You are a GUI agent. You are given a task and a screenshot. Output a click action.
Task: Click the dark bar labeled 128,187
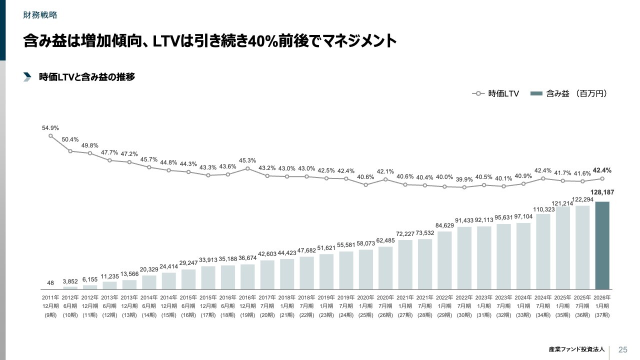pyautogui.click(x=602, y=245)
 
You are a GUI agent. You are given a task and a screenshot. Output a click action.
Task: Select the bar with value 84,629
pyautogui.click(x=444, y=260)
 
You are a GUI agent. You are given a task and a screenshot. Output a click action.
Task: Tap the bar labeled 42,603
pyautogui.click(x=267, y=274)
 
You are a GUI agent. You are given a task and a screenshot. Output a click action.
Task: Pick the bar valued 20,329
pyautogui.click(x=149, y=282)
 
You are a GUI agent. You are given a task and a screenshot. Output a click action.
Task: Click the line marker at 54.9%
pyautogui.click(x=50, y=135)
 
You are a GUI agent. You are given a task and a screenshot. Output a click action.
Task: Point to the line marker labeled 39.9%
pyautogui.click(x=464, y=187)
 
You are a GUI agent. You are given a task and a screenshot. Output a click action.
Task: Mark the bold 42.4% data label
pyautogui.click(x=602, y=170)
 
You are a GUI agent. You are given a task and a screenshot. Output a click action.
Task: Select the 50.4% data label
pyautogui.click(x=70, y=139)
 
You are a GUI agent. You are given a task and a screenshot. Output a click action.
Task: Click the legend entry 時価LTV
pyautogui.click(x=495, y=93)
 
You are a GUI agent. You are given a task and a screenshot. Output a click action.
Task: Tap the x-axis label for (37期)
pyautogui.click(x=602, y=315)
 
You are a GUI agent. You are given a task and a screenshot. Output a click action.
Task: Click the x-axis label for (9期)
pyautogui.click(x=50, y=315)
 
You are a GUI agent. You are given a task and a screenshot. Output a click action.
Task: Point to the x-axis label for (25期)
pyautogui.click(x=365, y=315)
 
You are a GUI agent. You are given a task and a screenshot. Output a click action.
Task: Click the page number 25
pyautogui.click(x=623, y=349)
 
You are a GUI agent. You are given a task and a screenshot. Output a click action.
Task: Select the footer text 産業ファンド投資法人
pyautogui.click(x=576, y=349)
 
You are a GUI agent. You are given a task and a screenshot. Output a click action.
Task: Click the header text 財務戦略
pyautogui.click(x=40, y=15)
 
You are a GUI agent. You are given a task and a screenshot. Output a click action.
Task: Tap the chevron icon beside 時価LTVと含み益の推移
pyautogui.click(x=27, y=77)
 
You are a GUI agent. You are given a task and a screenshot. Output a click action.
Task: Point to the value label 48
pyautogui.click(x=50, y=283)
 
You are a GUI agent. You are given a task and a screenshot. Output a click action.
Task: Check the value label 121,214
pyautogui.click(x=562, y=203)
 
